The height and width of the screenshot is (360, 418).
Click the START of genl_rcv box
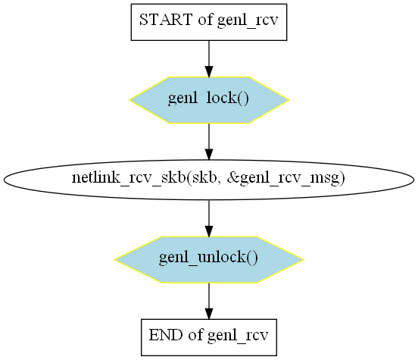pos(209,22)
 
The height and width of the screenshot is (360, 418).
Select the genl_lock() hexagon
pos(209,100)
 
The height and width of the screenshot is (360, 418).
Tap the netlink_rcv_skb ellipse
pos(209,180)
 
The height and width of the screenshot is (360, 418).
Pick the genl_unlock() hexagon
pos(209,259)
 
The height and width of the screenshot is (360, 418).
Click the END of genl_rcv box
pos(209,337)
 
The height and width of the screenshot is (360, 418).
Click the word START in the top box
pos(166,20)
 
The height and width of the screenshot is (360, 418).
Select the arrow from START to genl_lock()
pos(209,58)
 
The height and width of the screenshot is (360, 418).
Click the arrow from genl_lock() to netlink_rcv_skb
pos(209,142)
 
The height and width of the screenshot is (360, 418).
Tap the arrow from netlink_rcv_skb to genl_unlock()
pos(209,218)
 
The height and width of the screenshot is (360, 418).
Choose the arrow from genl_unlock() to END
pos(209,301)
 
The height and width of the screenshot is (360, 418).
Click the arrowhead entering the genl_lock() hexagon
pos(209,71)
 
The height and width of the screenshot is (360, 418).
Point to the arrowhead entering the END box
pos(209,314)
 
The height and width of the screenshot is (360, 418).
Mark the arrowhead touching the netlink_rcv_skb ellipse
pos(209,155)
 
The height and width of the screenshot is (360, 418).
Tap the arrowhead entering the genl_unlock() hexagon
pos(209,231)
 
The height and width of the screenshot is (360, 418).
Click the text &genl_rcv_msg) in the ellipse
pos(286,178)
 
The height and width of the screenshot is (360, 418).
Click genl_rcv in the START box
pos(248,20)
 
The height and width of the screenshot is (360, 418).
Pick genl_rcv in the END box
pos(238,336)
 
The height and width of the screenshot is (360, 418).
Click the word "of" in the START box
pos(205,20)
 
